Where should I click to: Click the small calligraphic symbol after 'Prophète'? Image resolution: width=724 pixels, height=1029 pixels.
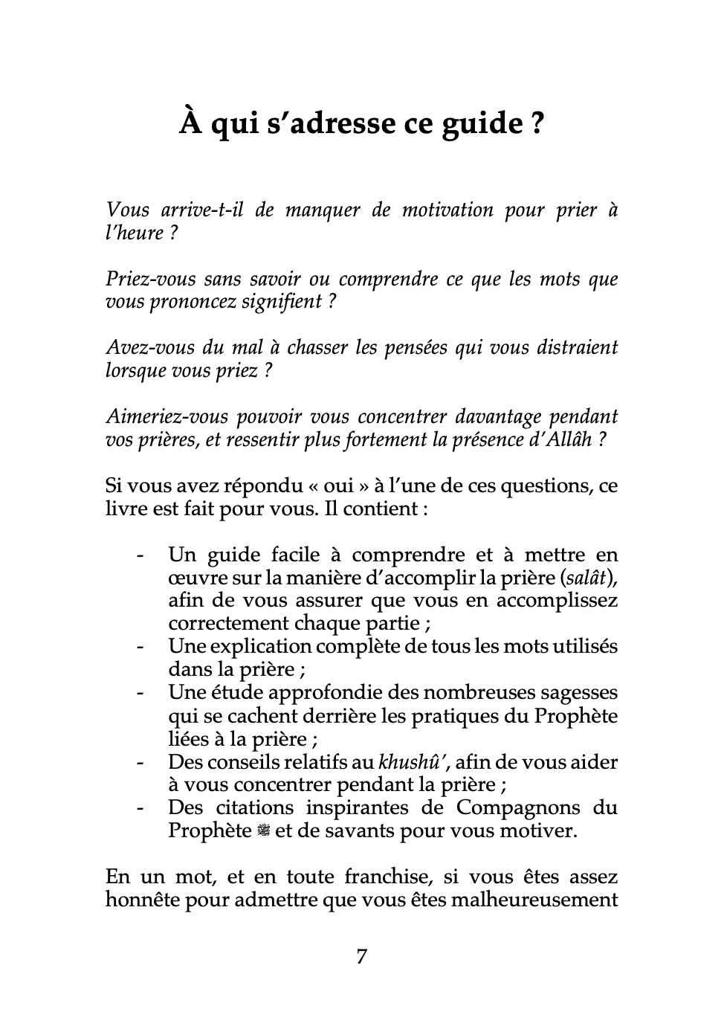(263, 831)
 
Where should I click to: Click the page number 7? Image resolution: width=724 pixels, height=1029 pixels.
(361, 957)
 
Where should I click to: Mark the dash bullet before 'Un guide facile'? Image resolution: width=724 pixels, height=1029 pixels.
(139, 555)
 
